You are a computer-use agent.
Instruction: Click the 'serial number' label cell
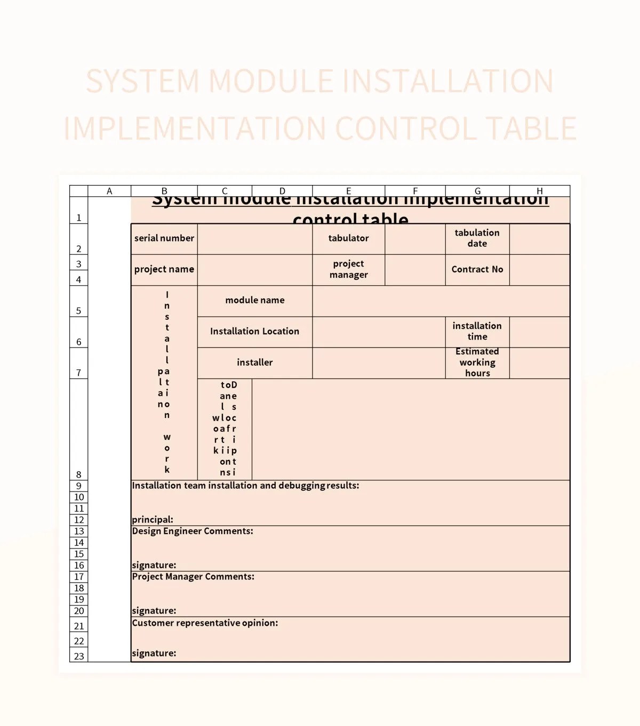(164, 238)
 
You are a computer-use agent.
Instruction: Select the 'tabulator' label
(348, 238)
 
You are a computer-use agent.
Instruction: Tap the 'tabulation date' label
(477, 238)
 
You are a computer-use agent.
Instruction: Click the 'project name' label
(164, 269)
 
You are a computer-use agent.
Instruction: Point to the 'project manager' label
(348, 269)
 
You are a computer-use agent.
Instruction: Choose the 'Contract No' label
(477, 269)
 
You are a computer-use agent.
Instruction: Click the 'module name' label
(255, 300)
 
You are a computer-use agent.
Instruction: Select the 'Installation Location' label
(254, 331)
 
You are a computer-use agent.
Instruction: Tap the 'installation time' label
(477, 331)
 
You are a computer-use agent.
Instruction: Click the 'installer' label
(255, 362)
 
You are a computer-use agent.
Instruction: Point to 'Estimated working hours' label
(477, 362)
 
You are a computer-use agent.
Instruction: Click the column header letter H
(540, 191)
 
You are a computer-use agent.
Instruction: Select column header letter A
(109, 191)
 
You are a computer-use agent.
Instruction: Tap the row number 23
(79, 656)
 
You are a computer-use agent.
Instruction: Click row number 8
(79, 474)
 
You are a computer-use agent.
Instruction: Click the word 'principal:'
(153, 520)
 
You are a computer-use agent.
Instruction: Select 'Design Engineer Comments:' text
(193, 531)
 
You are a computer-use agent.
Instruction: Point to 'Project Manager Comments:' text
(193, 577)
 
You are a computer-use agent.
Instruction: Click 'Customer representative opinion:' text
(205, 623)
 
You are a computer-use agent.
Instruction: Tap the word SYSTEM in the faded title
(142, 81)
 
